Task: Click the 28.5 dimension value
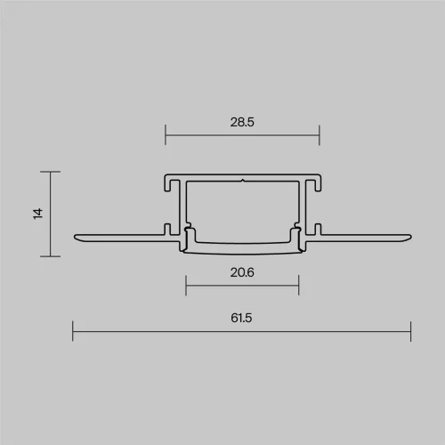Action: [242, 122]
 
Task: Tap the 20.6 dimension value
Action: [242, 272]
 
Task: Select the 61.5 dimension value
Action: [241, 318]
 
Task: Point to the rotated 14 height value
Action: [38, 214]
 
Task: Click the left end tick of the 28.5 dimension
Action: [166, 135]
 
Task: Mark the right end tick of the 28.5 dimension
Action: [320, 135]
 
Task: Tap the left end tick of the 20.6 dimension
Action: [186, 286]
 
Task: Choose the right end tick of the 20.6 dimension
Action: [299, 286]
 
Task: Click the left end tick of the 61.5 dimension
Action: [73, 331]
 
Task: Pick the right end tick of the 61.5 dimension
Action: [410, 331]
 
